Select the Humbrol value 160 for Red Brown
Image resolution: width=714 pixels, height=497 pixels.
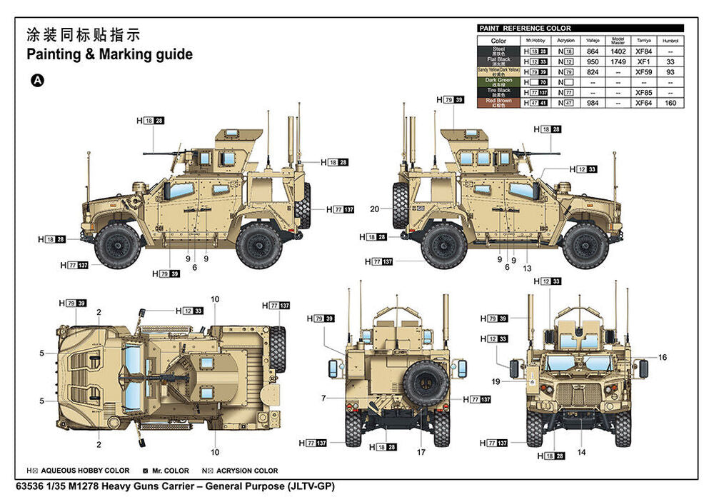(x=670, y=103)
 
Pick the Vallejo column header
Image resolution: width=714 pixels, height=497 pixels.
(x=593, y=41)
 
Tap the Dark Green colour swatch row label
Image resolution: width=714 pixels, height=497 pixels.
(x=498, y=82)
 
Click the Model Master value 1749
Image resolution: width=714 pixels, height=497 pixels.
(x=618, y=62)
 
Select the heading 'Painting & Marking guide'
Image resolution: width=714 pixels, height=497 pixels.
(x=109, y=54)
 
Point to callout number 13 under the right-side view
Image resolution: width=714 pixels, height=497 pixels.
(x=527, y=268)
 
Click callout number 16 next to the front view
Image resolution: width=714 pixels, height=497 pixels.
(x=662, y=357)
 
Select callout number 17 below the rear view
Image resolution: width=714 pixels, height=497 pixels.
(x=421, y=451)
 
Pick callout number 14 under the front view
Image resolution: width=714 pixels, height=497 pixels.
(x=581, y=451)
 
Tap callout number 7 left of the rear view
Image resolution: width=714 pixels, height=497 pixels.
(x=323, y=398)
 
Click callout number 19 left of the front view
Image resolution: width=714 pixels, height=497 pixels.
(x=496, y=381)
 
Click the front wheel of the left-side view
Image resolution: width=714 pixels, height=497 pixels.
(x=117, y=245)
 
